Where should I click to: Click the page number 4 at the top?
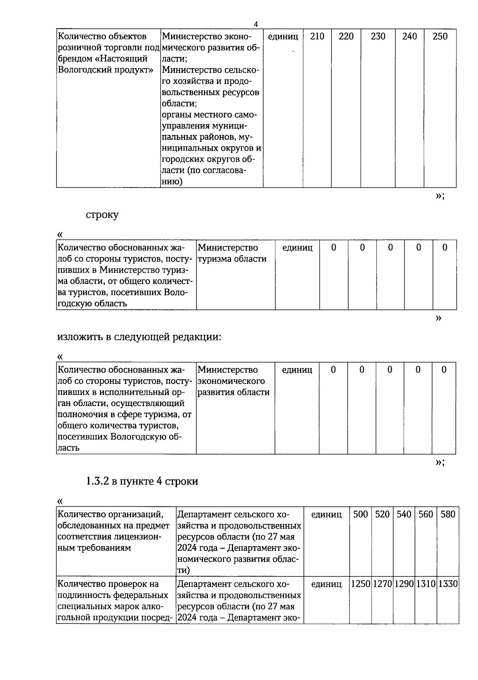coord(256,24)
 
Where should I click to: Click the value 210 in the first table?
coord(317,37)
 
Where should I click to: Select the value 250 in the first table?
coord(440,37)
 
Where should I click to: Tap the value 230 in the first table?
coord(378,37)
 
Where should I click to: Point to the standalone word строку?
coord(102,215)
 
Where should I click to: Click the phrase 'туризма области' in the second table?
coord(232,259)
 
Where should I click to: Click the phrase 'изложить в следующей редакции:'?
coord(139,337)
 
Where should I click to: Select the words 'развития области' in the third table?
coord(233,392)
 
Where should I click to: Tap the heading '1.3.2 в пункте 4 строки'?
coord(142,481)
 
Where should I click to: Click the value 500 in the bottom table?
coord(360,514)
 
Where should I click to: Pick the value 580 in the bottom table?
coord(448,514)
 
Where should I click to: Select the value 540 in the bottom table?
coord(404,514)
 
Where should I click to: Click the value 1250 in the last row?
coord(361,584)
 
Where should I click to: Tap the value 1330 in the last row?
coord(448,584)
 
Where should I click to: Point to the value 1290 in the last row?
coord(404,584)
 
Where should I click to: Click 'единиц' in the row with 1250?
coord(326,584)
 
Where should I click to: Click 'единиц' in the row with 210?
coord(283,37)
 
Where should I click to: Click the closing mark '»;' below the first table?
coord(440,195)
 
